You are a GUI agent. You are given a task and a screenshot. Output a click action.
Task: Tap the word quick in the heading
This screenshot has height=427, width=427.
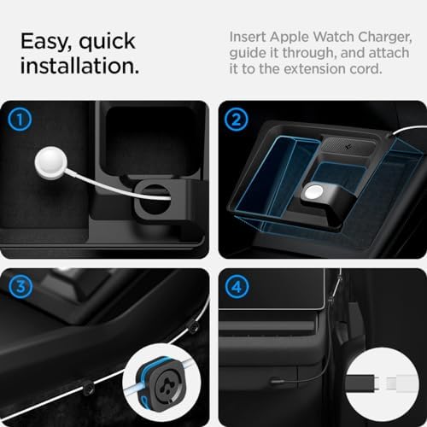click(x=114, y=40)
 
